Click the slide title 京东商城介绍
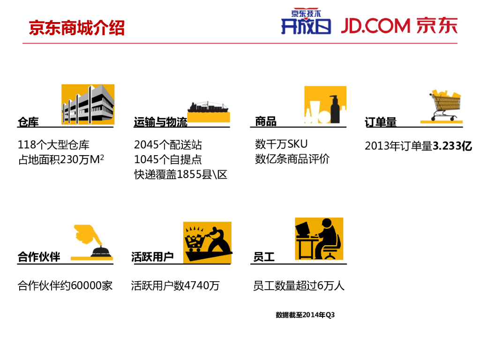click(77, 28)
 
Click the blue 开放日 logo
click(306, 23)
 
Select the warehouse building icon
click(88, 105)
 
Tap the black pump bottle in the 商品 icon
click(335, 109)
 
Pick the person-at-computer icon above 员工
click(319, 238)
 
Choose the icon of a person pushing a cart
click(207, 241)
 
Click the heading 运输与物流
click(160, 122)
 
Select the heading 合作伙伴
click(39, 257)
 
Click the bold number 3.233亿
click(452, 146)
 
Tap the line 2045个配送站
click(168, 145)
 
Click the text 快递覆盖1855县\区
click(180, 175)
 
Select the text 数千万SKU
click(281, 144)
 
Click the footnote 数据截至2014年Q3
click(305, 315)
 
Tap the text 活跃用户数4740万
click(175, 285)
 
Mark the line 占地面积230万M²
click(61, 160)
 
